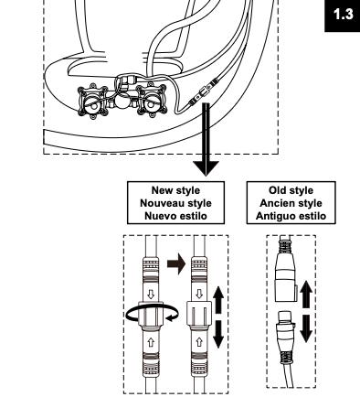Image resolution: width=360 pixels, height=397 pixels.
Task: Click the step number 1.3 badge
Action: [x=343, y=16]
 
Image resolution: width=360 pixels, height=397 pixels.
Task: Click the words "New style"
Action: [x=175, y=190]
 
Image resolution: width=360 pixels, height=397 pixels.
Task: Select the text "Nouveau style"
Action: [x=175, y=203]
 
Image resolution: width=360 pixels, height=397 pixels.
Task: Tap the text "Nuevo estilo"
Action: [x=175, y=216]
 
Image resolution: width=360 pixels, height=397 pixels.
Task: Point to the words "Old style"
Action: [x=291, y=190]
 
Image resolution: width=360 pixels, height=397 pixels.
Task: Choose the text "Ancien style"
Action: [x=291, y=203]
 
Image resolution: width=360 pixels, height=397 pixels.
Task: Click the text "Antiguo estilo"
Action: [x=291, y=216]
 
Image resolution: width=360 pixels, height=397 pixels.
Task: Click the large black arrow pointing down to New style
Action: [x=206, y=139]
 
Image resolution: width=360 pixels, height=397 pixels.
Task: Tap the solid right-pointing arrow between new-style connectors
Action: [x=176, y=263]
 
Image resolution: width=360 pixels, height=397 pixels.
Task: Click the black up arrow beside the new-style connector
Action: [x=218, y=300]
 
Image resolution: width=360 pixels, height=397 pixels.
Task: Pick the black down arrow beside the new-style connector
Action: [x=218, y=334]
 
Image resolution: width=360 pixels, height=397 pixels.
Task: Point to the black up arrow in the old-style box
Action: [x=306, y=295]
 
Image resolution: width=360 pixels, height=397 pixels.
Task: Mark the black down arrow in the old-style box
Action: [x=306, y=328]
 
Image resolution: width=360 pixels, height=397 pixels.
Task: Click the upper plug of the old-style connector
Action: [x=286, y=270]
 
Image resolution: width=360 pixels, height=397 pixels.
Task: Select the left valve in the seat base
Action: [x=92, y=101]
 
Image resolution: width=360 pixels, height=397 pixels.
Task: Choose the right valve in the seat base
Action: [x=152, y=100]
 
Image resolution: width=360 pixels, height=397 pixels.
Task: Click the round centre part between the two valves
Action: [x=122, y=102]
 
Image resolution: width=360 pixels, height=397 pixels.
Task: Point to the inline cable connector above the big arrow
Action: [x=204, y=91]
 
